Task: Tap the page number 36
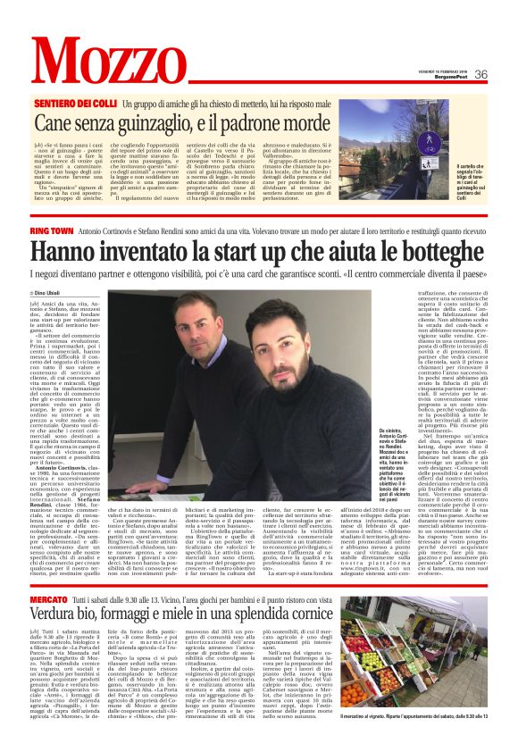[x=480, y=74]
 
